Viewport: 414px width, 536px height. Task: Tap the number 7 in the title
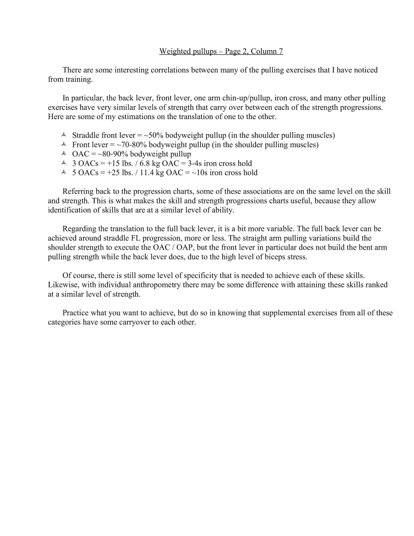[280, 51]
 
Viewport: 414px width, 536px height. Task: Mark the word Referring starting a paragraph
[79, 191]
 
